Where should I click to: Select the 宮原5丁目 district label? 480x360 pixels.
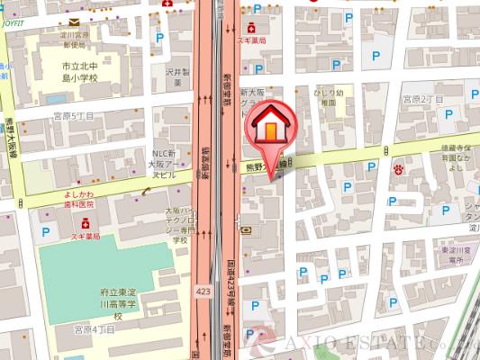[x=73, y=116]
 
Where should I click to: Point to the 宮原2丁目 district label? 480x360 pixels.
[x=424, y=97]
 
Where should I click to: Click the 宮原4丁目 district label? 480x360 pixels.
[x=95, y=330]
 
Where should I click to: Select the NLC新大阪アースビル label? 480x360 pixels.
[x=168, y=164]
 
